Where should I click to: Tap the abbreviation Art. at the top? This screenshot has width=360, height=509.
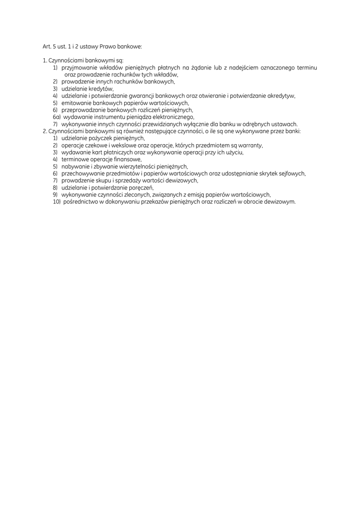48,46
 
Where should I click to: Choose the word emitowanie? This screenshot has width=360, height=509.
77,103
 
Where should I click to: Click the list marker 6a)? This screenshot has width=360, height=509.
57,117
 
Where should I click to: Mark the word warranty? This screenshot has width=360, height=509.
249,146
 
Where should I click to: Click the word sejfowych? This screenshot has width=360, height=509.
292,173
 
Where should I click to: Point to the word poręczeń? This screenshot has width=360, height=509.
141,188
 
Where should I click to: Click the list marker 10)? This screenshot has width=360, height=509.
57,202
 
